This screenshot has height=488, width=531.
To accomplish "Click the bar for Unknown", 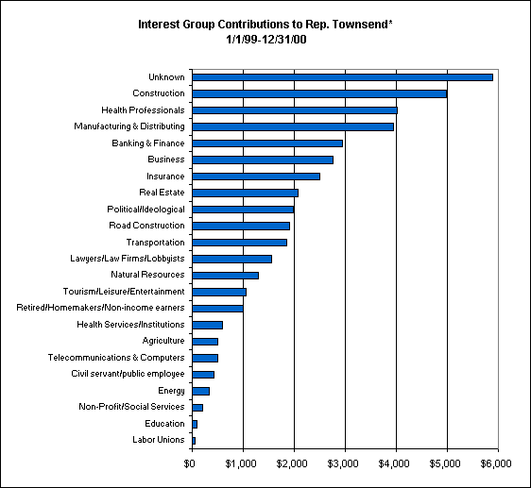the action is pyautogui.click(x=342, y=77).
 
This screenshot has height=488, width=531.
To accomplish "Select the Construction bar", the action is pyautogui.click(x=319, y=93).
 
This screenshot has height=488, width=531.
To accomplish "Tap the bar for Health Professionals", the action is pyautogui.click(x=295, y=110).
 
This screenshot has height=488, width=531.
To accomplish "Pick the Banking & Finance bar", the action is pyautogui.click(x=267, y=143).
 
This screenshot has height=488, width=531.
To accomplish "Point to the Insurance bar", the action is pyautogui.click(x=256, y=177).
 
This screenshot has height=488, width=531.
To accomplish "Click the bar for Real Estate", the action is pyautogui.click(x=245, y=193).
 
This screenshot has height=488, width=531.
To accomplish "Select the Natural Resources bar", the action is pyautogui.click(x=225, y=276).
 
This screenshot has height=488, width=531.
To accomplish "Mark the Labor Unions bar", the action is pyautogui.click(x=194, y=441).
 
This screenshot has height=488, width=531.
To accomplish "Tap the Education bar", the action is pyautogui.click(x=195, y=424).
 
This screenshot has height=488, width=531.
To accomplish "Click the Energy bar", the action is pyautogui.click(x=201, y=391).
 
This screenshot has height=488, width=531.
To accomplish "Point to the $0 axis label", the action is pyautogui.click(x=189, y=463).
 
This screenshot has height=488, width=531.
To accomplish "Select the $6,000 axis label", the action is pyautogui.click(x=496, y=463).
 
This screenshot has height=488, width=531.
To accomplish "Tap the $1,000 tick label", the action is pyautogui.click(x=241, y=463).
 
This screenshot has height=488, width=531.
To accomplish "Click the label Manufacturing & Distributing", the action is pyautogui.click(x=129, y=126).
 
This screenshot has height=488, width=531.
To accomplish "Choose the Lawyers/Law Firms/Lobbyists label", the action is pyautogui.click(x=128, y=259).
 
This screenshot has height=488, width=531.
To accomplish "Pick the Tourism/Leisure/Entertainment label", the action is pyautogui.click(x=124, y=292).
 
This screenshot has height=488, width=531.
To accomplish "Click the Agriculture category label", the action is pyautogui.click(x=163, y=341).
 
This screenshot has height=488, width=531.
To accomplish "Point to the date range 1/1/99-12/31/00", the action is pyautogui.click(x=266, y=40).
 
